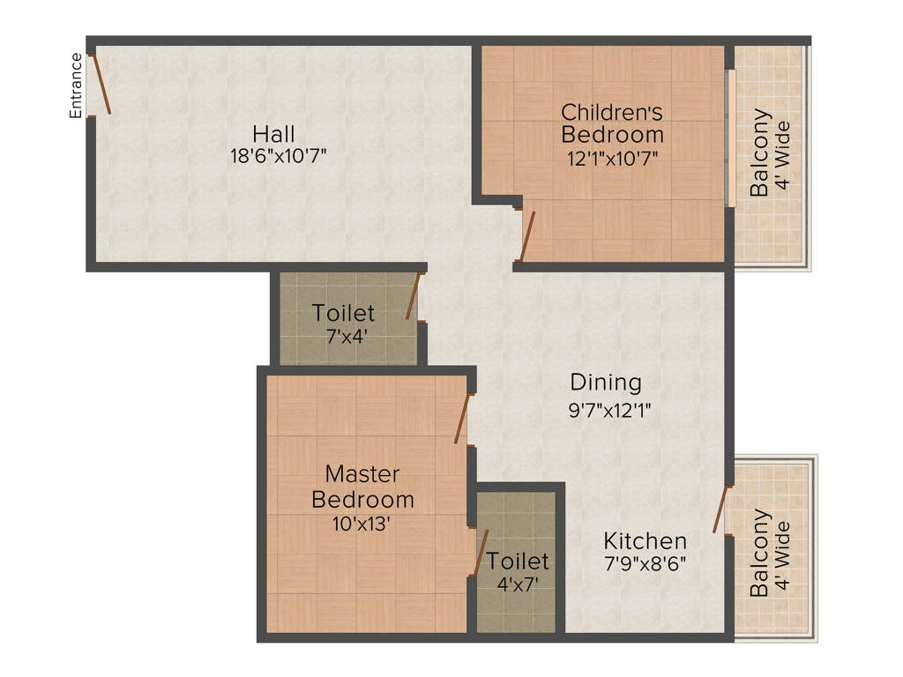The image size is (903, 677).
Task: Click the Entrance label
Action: click(x=77, y=86)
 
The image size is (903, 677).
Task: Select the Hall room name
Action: click(x=273, y=135)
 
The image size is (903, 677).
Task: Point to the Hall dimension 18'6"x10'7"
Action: click(x=273, y=157)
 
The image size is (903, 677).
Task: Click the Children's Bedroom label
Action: click(x=612, y=123)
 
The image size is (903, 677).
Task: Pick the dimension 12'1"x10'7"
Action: click(x=612, y=159)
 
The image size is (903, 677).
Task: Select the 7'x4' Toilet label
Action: click(x=343, y=314)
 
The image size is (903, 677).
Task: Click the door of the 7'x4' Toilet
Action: click(x=413, y=295)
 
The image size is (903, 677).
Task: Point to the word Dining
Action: click(x=605, y=383)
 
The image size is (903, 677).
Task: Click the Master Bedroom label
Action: click(x=362, y=486)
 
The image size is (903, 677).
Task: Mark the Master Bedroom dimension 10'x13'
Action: click(x=362, y=523)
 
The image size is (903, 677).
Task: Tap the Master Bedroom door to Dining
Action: click(x=462, y=419)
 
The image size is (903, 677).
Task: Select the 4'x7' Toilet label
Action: click(x=518, y=562)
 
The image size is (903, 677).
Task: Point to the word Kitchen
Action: click(x=645, y=540)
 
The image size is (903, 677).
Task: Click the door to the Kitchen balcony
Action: click(x=720, y=509)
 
